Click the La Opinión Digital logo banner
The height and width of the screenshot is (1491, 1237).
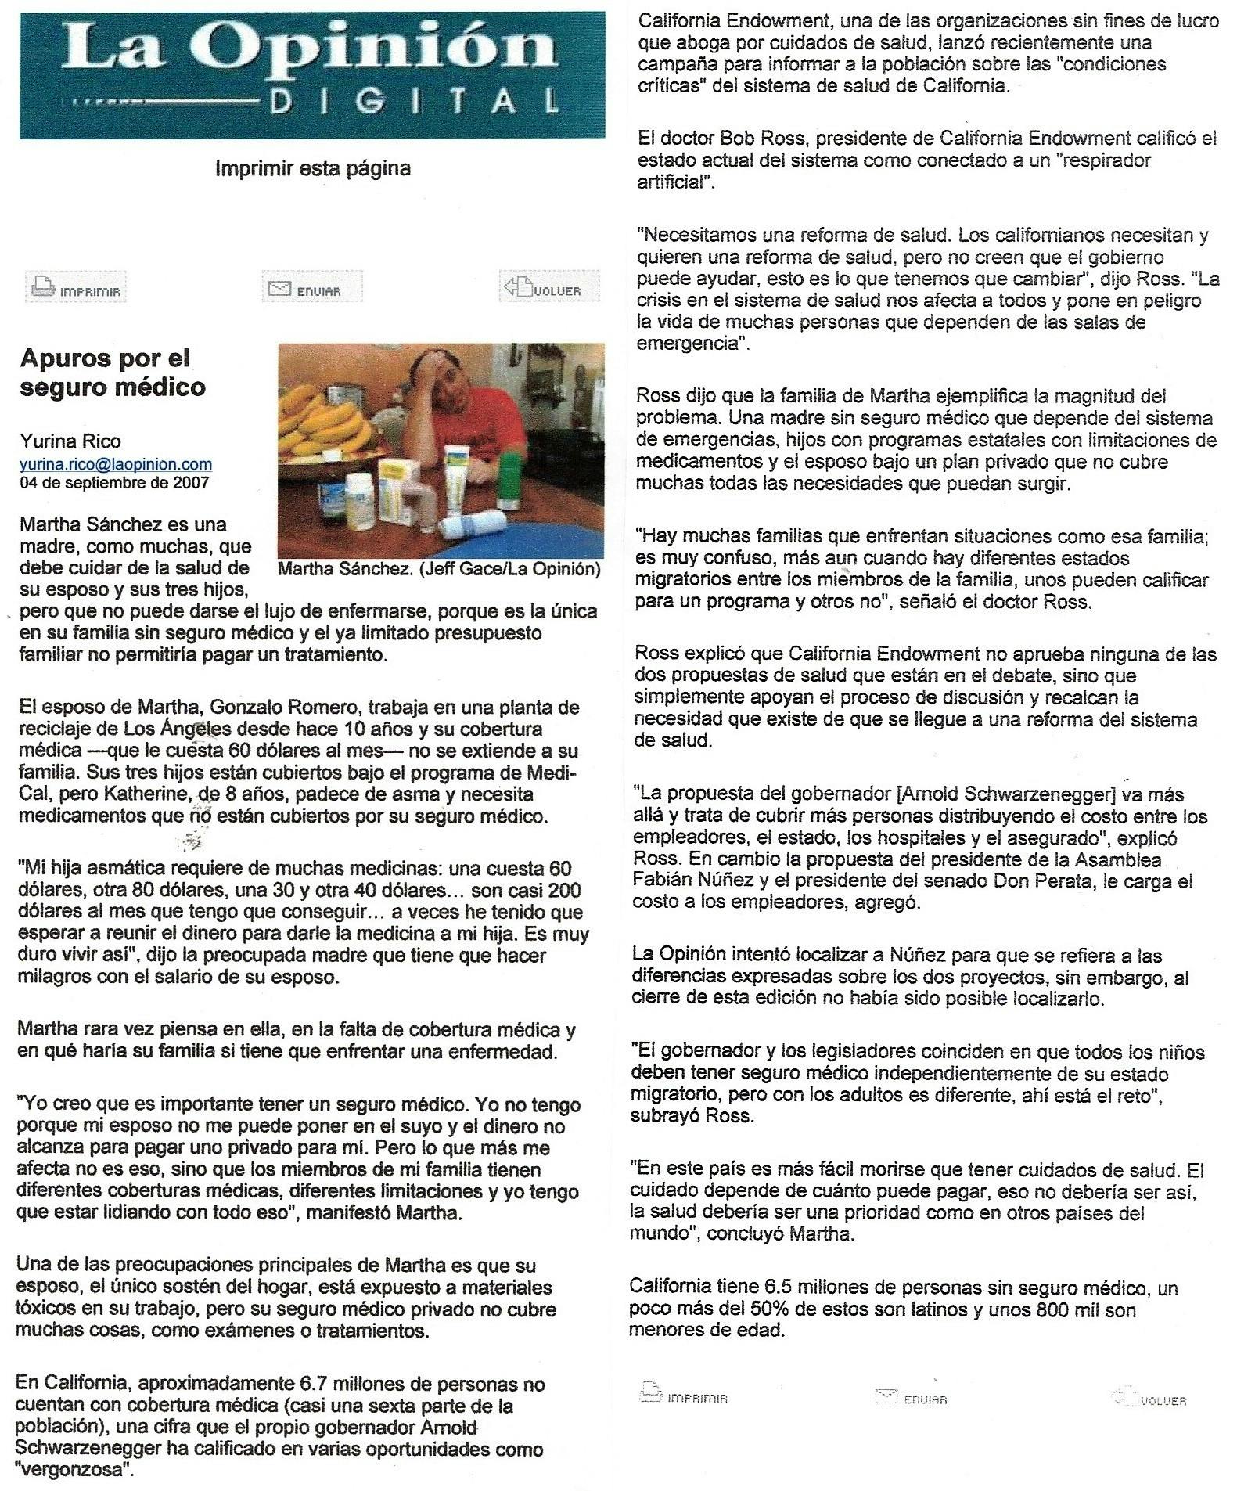pyautogui.click(x=312, y=75)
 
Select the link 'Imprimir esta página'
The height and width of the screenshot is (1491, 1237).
pyautogui.click(x=312, y=168)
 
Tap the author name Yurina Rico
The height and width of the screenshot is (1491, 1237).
pyautogui.click(x=70, y=441)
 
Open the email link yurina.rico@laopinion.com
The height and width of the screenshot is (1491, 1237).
pyautogui.click(x=115, y=464)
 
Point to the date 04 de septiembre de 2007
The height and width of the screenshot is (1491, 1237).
pyautogui.click(x=114, y=482)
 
